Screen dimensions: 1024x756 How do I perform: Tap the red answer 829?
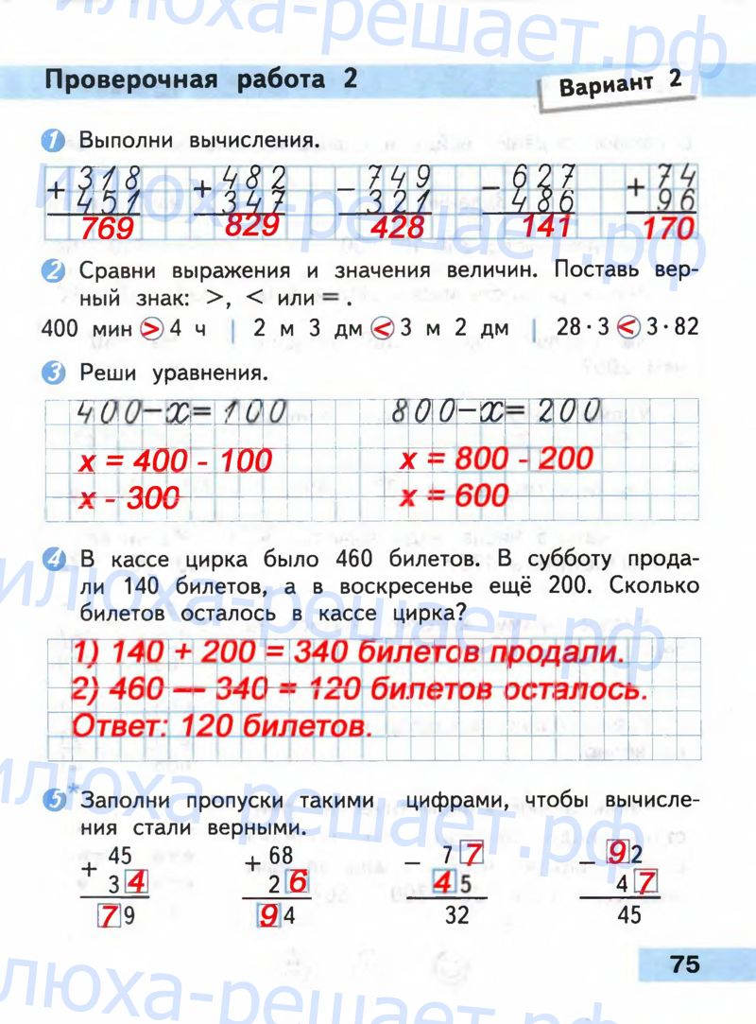coord(249,225)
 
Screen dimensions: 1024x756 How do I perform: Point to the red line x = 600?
coord(454,495)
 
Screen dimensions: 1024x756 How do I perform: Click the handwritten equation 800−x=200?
coord(495,411)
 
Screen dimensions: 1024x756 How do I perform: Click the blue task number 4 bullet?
coord(59,561)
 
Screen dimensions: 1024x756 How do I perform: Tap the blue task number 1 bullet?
coord(59,142)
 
